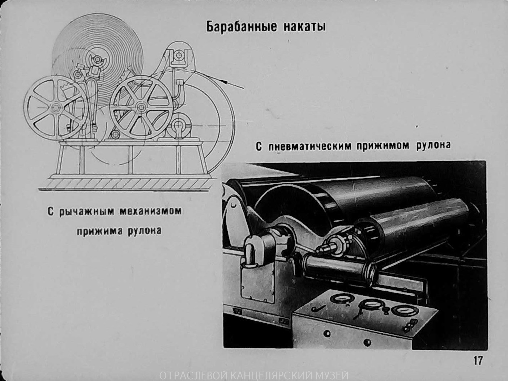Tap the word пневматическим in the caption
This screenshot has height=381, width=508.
[x=310, y=146]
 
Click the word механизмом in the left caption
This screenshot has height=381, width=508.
[x=150, y=211]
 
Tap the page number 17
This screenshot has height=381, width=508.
[x=477, y=360]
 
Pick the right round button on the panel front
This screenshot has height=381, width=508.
[x=367, y=342]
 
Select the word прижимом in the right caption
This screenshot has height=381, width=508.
[x=383, y=146]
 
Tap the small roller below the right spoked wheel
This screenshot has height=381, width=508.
[x=115, y=135]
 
